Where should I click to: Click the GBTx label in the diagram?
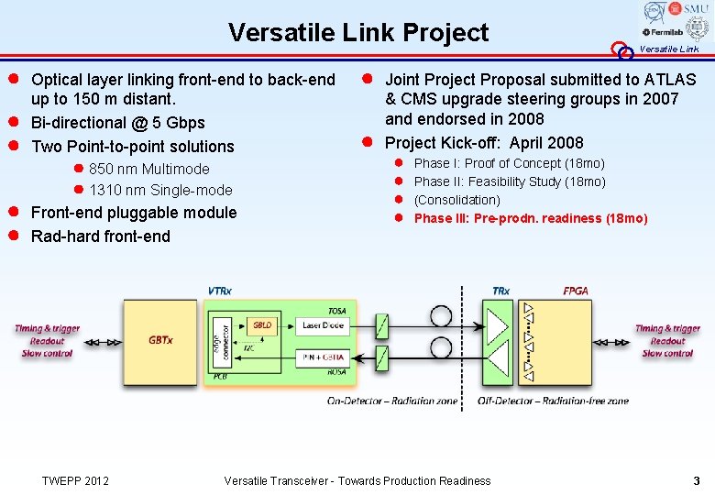click(x=160, y=339)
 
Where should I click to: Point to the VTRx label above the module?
click(x=220, y=291)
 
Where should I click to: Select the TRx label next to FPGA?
click(x=501, y=291)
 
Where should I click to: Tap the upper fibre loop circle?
click(x=441, y=318)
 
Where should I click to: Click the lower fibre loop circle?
click(x=441, y=347)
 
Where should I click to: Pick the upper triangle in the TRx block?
click(x=498, y=326)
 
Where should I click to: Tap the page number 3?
click(x=697, y=480)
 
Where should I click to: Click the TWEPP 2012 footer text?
click(x=76, y=480)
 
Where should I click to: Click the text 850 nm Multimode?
click(x=148, y=169)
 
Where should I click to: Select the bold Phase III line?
click(x=531, y=218)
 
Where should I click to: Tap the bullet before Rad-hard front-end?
click(x=15, y=236)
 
